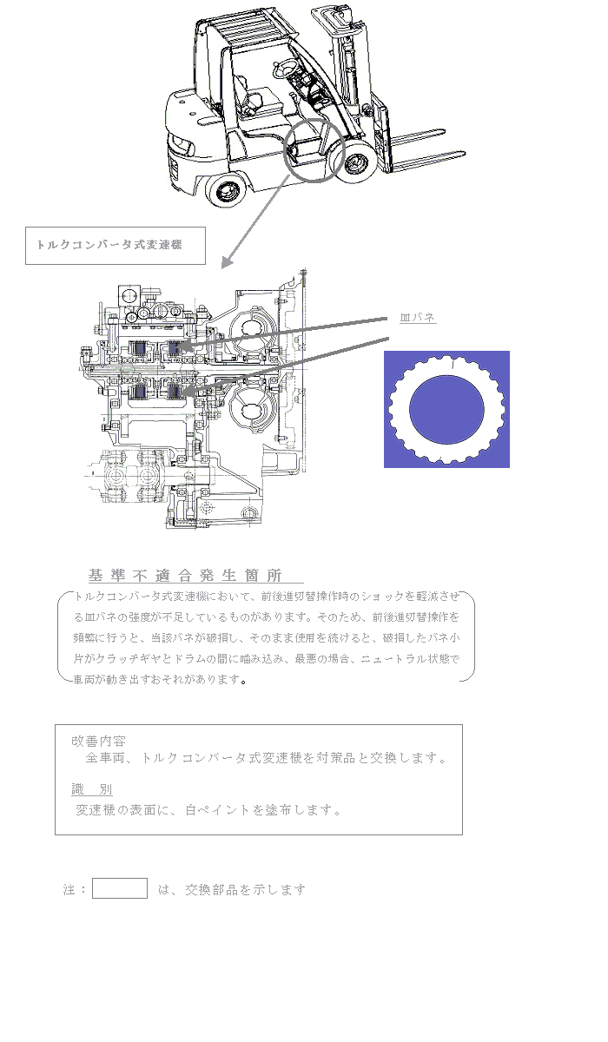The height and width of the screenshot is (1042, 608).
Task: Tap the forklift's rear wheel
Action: (228, 190)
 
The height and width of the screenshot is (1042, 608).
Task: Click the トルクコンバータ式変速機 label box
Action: (116, 246)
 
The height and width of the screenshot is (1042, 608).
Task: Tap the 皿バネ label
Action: (418, 318)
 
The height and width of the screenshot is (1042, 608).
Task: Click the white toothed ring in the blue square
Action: (446, 409)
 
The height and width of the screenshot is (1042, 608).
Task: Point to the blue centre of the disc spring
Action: (446, 409)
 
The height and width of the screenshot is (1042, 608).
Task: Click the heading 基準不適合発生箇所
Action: (186, 576)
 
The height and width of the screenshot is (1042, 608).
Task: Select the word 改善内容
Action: (99, 742)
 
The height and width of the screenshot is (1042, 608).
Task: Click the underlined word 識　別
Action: (92, 789)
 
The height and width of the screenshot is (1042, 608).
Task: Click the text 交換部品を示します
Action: (246, 889)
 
